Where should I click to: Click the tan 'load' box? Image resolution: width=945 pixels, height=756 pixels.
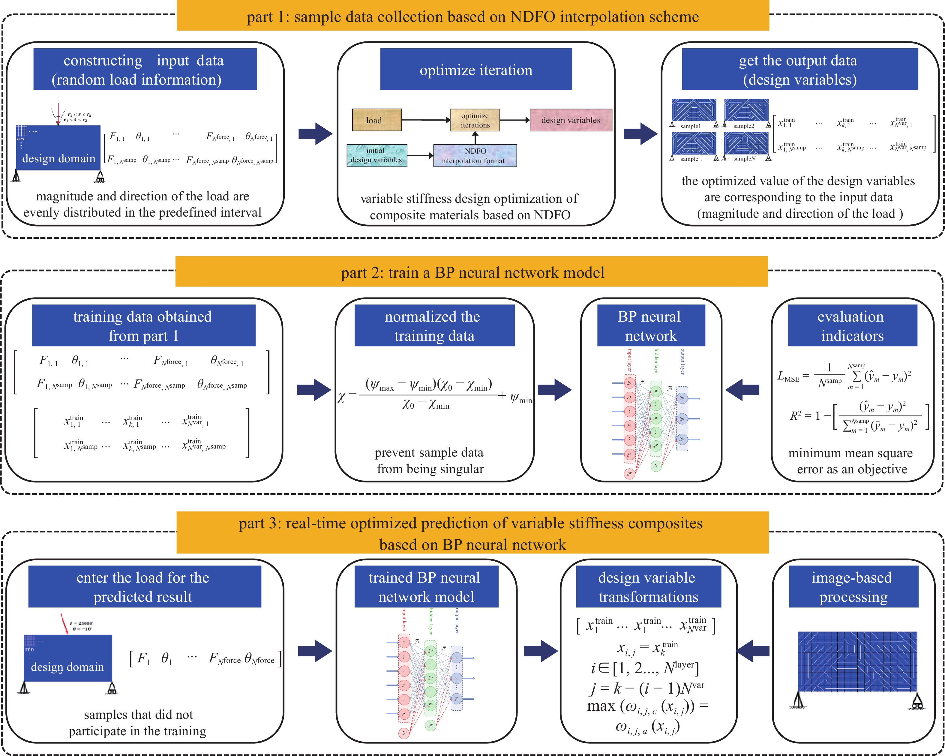pyautogui.click(x=376, y=120)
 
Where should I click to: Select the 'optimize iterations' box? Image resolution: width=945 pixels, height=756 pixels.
pyautogui.click(x=475, y=120)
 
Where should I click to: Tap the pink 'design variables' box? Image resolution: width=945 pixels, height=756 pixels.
pyautogui.click(x=570, y=120)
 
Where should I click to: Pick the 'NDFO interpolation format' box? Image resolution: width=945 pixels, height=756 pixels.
pyautogui.click(x=475, y=156)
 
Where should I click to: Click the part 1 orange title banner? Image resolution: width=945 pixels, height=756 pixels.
pyautogui.click(x=472, y=16)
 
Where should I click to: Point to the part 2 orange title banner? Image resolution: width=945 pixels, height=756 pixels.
pyautogui.click(x=472, y=272)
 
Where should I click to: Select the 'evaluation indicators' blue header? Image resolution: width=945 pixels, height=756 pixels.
pyautogui.click(x=852, y=325)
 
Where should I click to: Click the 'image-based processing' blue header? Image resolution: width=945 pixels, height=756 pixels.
pyautogui.click(x=853, y=586)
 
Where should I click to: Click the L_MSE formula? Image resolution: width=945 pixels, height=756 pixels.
pyautogui.click(x=844, y=376)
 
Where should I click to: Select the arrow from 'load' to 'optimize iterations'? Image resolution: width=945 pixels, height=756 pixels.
pyautogui.click(x=426, y=120)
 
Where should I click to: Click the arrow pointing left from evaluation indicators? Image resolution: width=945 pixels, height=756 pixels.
pyautogui.click(x=742, y=389)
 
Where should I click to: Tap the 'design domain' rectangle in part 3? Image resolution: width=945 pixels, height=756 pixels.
pyautogui.click(x=67, y=657)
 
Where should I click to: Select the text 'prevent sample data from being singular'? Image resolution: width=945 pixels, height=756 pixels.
pyautogui.click(x=430, y=460)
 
